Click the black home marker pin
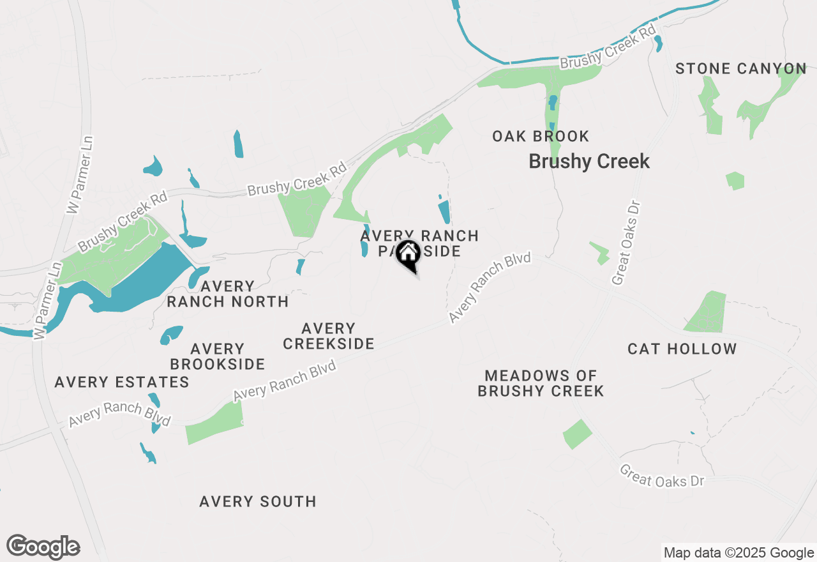point(408,256)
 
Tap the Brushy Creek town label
point(588,162)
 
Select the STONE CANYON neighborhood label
point(740,69)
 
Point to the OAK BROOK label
point(541,136)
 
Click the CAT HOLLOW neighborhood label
point(682,349)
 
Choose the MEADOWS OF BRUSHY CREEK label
point(541,383)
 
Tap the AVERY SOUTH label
point(257,501)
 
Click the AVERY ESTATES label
point(122,382)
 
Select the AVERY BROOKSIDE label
point(218,356)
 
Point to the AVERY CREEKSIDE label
point(328,336)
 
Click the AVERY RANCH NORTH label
point(227,293)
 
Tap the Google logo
point(43,547)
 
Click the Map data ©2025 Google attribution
point(738,552)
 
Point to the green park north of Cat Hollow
point(707,312)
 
